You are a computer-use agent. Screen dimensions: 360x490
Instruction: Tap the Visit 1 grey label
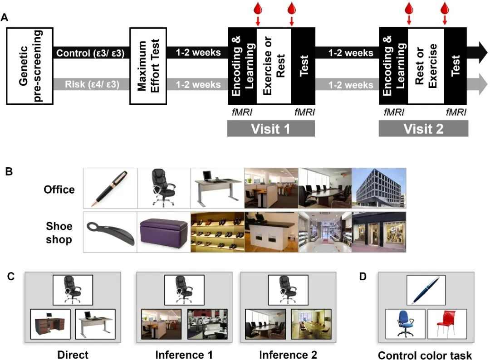271,128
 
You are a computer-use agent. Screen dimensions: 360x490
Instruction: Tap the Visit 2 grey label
423,128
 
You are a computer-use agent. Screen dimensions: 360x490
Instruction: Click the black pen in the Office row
110,188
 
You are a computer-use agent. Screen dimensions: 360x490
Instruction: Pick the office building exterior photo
378,188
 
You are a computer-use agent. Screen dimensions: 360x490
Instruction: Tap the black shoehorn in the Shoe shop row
110,231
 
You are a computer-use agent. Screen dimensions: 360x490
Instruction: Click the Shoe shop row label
59,232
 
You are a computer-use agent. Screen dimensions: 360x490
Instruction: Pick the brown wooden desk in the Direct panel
50,325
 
